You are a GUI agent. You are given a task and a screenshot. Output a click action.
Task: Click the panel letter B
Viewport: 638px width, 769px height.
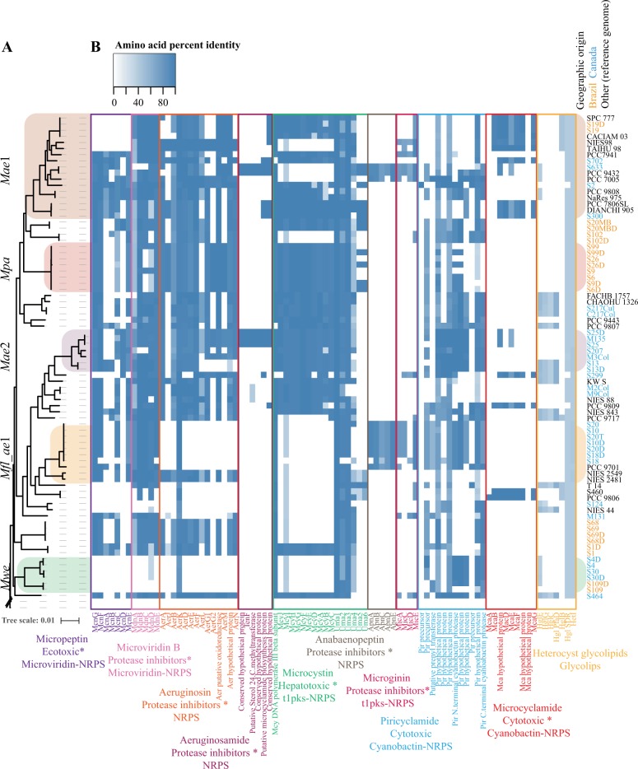pos(96,48)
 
